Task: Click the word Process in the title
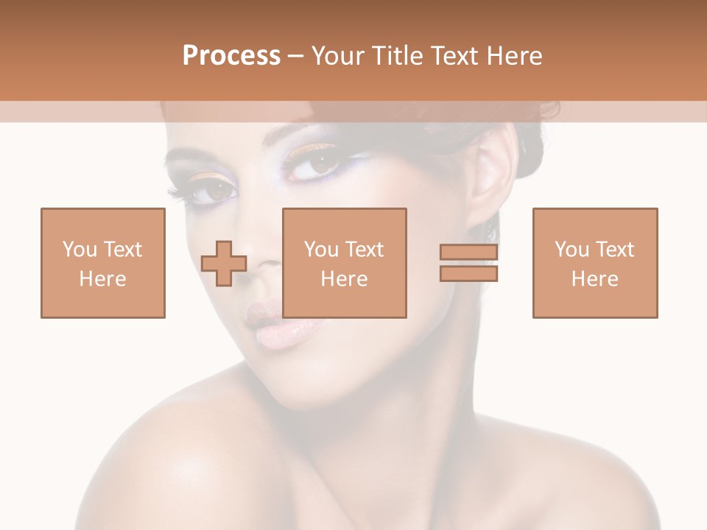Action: pos(231,56)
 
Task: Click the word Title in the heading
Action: pos(395,56)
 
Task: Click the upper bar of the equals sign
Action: pos(468,252)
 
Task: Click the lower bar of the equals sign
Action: pos(468,274)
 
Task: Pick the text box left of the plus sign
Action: pos(103,263)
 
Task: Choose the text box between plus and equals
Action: pos(345,263)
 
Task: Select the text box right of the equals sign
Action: pos(595,263)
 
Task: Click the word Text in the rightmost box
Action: pos(615,250)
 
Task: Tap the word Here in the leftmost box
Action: pos(102,279)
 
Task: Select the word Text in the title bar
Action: pos(455,56)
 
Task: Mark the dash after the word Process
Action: pos(296,56)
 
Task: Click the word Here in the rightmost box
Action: pos(594,279)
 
